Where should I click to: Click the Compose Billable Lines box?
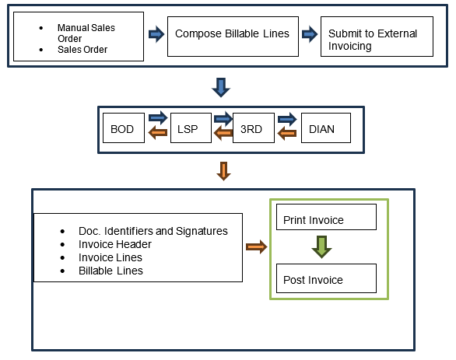(x=232, y=34)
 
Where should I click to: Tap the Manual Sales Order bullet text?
(x=86, y=33)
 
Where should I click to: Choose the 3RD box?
(x=254, y=128)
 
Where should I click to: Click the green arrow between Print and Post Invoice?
(x=321, y=247)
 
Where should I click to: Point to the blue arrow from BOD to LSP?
(x=158, y=119)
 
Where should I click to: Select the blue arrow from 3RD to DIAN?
(x=287, y=119)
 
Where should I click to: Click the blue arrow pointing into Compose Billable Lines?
(x=156, y=34)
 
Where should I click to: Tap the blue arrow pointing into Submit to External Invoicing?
(x=310, y=34)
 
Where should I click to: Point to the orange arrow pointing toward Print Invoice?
(x=256, y=247)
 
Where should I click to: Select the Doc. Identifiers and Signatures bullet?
(x=153, y=231)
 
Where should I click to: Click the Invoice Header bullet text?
(x=115, y=244)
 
